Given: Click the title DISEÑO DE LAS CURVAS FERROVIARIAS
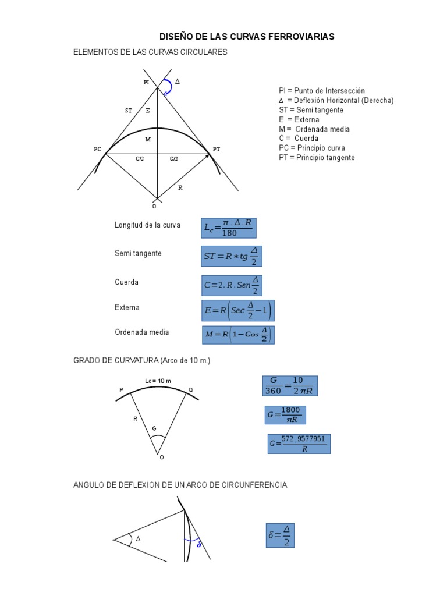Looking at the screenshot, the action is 247,37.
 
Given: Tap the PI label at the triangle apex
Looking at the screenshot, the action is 147,83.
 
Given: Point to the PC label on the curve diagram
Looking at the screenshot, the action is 97,150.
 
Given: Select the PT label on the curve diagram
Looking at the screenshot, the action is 217,150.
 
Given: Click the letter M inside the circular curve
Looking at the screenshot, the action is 148,140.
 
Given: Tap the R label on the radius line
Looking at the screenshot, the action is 180,188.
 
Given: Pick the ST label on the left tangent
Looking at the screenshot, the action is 128,110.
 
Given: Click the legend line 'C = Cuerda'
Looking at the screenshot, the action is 298,139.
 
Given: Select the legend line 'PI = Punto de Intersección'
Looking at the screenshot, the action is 321,91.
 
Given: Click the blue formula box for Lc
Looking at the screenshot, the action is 229,228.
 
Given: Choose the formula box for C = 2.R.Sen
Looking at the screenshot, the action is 232,285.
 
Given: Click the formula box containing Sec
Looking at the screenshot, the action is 237,311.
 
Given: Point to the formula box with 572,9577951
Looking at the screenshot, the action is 299,444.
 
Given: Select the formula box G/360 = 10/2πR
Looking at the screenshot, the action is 290,386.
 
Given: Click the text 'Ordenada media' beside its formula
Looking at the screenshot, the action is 142,332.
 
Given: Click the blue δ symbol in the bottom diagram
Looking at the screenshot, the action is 199,545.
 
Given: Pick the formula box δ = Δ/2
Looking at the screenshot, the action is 281,535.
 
